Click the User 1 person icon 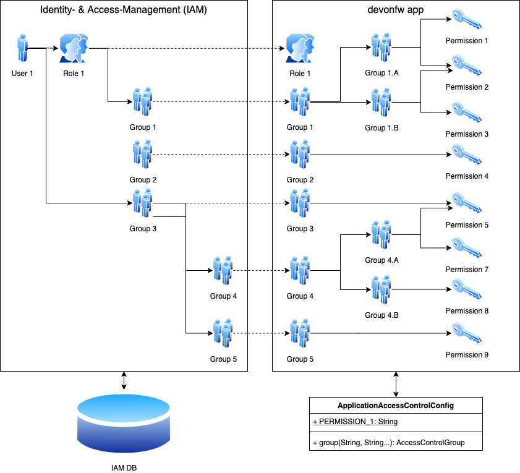click(23, 48)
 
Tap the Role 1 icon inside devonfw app click(298, 48)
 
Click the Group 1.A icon click(381, 46)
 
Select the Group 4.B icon click(381, 289)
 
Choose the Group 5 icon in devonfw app click(300, 334)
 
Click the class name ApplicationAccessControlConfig click(396, 406)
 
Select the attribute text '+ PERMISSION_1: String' click(355, 422)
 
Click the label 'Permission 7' click(467, 270)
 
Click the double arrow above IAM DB click(124, 381)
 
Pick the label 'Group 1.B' click(381, 128)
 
